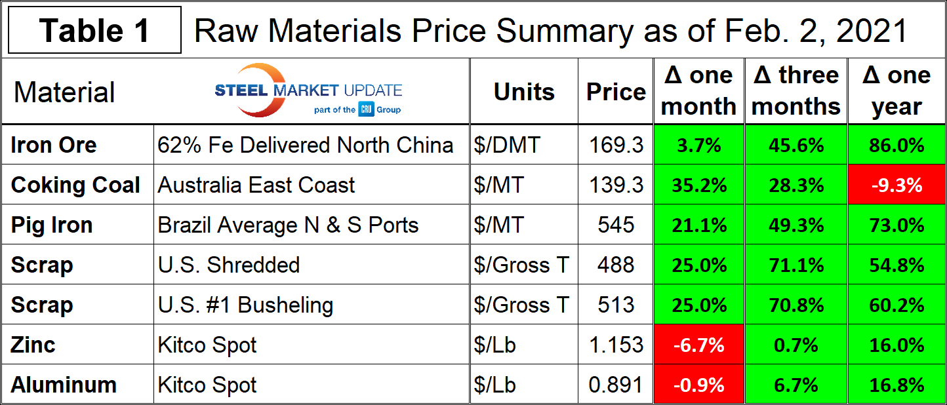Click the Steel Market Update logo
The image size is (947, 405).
pos(308,92)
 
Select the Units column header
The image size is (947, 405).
pos(523,92)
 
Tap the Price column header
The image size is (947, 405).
pos(616,92)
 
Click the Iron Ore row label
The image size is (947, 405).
pos(54,145)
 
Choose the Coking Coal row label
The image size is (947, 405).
pos(75,185)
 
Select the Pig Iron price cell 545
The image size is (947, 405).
pos(616,225)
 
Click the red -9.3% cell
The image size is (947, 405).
pos(896,185)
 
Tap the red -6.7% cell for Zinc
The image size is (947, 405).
pos(698,345)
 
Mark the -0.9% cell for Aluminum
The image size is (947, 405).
pos(698,385)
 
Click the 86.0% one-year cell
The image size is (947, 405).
pos(896,145)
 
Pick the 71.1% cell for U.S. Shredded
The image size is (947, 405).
pos(796,265)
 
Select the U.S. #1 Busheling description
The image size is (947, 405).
pos(245,305)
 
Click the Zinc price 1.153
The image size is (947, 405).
pos(616,345)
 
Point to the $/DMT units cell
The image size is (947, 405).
pos(506,145)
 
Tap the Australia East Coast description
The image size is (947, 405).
pos(256,185)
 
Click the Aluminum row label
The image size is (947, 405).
pos(64,385)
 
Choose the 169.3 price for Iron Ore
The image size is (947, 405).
pos(616,145)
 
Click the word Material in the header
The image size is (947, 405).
pos(64,92)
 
